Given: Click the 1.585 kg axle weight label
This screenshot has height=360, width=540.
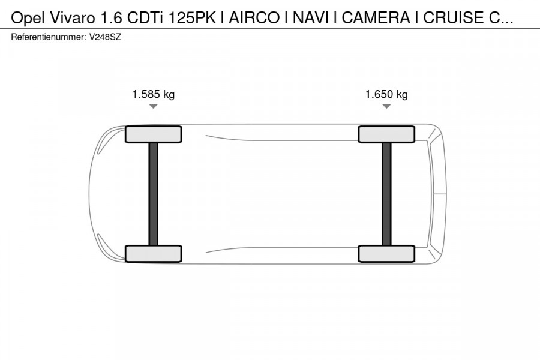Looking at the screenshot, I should (153, 94).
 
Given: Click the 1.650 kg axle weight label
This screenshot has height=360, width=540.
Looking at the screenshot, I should (386, 94).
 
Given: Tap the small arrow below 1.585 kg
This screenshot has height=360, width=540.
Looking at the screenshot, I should (153, 106).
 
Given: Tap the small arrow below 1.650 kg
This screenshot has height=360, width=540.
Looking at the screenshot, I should (386, 106).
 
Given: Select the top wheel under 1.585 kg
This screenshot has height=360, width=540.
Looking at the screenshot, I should (153, 134).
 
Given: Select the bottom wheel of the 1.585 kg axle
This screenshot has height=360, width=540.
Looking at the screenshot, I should (153, 253).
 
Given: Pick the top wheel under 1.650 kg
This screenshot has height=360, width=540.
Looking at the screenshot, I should (386, 134).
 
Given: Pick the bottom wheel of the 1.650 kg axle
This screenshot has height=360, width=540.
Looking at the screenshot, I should (386, 253).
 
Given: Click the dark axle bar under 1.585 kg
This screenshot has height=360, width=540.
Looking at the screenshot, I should (153, 193).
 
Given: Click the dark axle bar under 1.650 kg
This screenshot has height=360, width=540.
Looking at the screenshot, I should (386, 193).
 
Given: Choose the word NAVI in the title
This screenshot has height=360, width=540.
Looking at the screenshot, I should (309, 18).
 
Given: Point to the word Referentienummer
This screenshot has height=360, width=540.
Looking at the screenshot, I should (47, 37).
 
